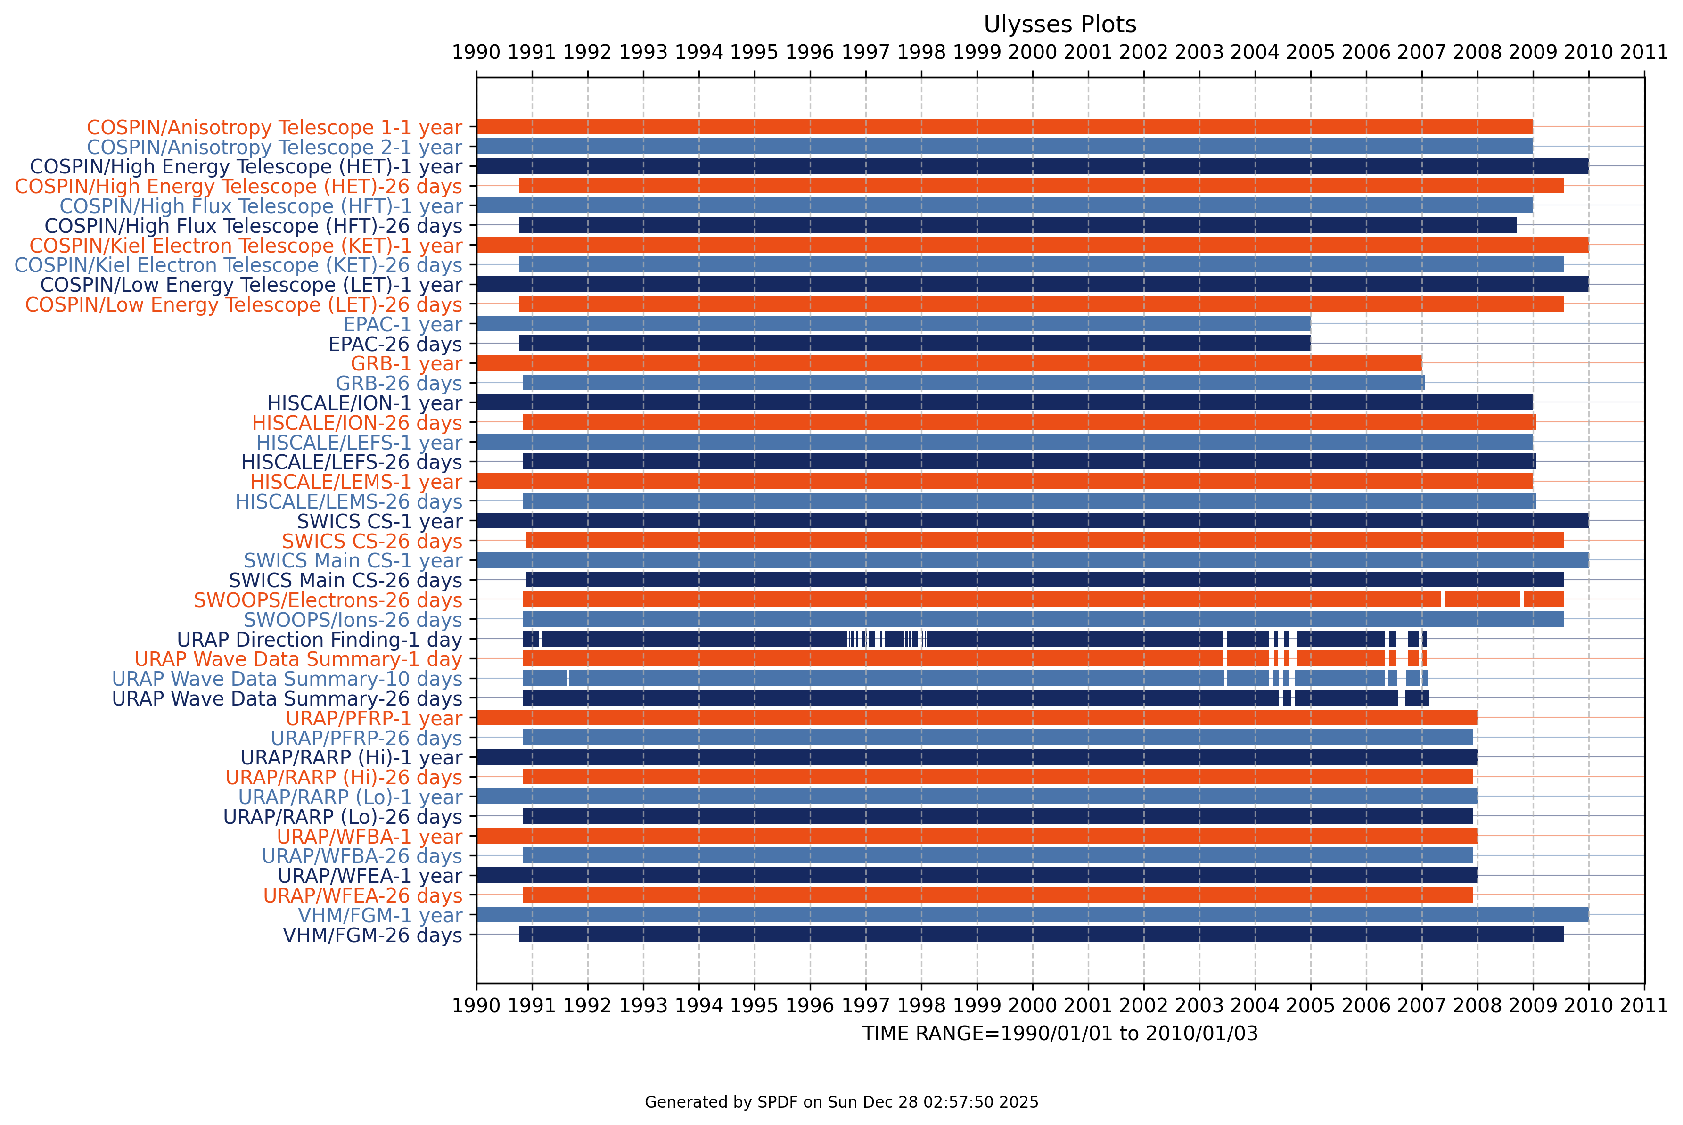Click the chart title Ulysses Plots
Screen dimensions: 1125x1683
(x=1059, y=25)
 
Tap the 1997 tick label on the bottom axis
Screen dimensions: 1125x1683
(x=865, y=1006)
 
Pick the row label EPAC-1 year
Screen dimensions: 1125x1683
(x=402, y=324)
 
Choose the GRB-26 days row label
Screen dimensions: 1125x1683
(x=399, y=384)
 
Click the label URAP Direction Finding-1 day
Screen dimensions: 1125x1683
(x=319, y=640)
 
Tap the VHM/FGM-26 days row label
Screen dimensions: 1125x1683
(x=372, y=936)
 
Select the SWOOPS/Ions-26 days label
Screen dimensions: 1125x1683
(x=353, y=620)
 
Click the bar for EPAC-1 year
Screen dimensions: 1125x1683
(x=893, y=324)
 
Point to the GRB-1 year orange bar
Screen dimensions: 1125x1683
(x=948, y=363)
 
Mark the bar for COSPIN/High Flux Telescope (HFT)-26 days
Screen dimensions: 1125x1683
(x=1017, y=225)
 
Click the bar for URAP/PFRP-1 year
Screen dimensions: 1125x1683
(x=977, y=717)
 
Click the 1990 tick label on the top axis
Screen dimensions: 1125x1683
(x=476, y=52)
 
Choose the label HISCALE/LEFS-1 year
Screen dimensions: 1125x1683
(x=359, y=443)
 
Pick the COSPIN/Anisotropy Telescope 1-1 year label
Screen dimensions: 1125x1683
(x=274, y=128)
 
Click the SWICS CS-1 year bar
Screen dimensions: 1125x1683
(x=1032, y=521)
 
